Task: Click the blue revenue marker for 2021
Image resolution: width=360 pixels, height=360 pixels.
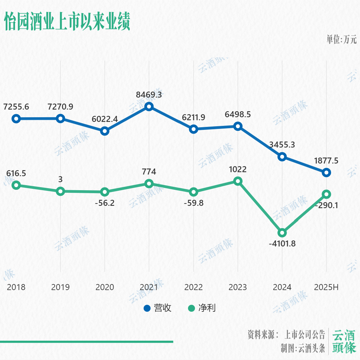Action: click(x=149, y=107)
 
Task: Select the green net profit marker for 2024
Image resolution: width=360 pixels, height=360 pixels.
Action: click(x=282, y=232)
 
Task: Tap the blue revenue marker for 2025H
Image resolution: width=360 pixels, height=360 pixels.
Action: click(x=327, y=172)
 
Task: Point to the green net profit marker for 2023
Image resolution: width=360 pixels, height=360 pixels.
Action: click(x=238, y=181)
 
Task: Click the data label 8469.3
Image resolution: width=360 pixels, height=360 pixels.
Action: click(x=149, y=95)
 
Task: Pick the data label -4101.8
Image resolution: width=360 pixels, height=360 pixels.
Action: click(x=282, y=244)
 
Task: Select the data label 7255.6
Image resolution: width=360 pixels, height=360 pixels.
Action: click(x=16, y=107)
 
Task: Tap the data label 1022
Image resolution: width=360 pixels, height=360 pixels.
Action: click(x=238, y=169)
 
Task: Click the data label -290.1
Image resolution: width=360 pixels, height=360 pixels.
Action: click(x=327, y=205)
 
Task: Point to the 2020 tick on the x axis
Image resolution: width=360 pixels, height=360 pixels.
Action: click(x=105, y=287)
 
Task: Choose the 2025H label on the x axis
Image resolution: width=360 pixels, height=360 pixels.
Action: click(x=327, y=287)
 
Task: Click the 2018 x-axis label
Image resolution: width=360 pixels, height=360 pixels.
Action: click(x=16, y=287)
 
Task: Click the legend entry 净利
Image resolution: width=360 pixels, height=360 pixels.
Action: click(x=202, y=308)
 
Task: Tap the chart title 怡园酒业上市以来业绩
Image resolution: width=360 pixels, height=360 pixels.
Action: click(x=67, y=22)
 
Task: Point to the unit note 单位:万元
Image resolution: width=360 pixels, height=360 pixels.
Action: click(x=341, y=40)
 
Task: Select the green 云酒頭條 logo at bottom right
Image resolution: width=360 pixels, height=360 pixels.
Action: click(x=344, y=342)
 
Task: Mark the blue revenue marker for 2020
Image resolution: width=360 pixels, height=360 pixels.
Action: click(x=105, y=131)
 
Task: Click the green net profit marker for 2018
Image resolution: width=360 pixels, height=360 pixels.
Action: click(x=16, y=185)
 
